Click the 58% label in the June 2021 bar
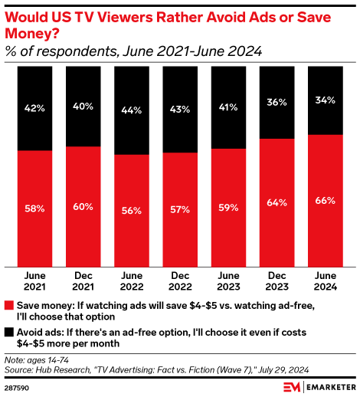(x=34, y=208)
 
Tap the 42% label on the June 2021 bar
(x=34, y=108)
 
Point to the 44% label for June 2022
(x=131, y=110)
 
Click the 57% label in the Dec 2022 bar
(x=179, y=209)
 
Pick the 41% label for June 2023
(x=228, y=107)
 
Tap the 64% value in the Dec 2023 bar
(x=277, y=202)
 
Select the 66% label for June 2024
(x=326, y=200)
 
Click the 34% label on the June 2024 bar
(x=326, y=100)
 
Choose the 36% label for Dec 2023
(x=277, y=101)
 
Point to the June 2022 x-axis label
(x=131, y=282)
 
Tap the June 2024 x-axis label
(x=326, y=282)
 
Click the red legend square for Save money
(x=8, y=304)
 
